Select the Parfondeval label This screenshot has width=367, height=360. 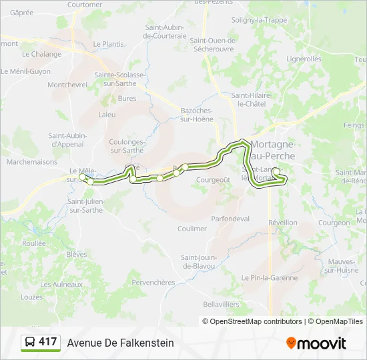(230, 219)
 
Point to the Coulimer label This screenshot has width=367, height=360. (192, 229)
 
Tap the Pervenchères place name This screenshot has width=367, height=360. (153, 283)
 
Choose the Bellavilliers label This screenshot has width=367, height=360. (221, 304)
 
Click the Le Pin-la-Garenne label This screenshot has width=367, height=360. (270, 277)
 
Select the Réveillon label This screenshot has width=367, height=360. (282, 223)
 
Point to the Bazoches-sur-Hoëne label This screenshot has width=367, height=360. (197, 114)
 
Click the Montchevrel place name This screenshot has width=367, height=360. (67, 85)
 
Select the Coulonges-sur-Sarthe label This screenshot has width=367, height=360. (126, 145)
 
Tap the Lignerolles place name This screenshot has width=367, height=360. (304, 59)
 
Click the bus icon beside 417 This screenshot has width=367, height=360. (30, 343)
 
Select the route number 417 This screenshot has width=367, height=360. (48, 342)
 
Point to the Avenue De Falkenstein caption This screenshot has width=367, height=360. (120, 343)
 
